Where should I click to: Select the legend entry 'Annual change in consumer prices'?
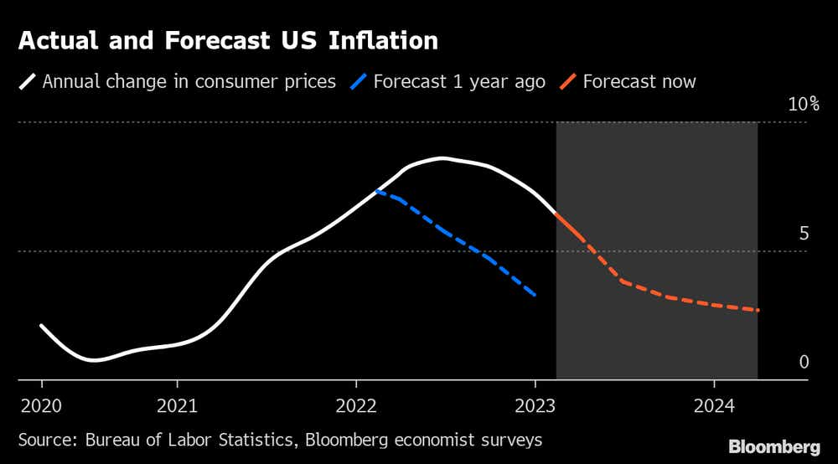click(189, 82)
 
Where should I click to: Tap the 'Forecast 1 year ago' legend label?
click(459, 82)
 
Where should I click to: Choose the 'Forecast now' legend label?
click(639, 82)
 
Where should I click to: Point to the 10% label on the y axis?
click(803, 105)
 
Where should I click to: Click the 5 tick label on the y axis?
click(804, 234)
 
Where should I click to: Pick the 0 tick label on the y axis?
click(804, 363)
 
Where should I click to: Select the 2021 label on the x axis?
click(177, 407)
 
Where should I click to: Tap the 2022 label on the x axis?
click(356, 407)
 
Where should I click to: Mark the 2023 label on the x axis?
click(535, 407)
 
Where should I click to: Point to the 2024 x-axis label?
click(713, 407)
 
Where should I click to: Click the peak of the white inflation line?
click(442, 157)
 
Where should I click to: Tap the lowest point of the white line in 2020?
click(92, 360)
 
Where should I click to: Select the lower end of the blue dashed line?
click(535, 295)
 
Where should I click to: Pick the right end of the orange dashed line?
click(758, 311)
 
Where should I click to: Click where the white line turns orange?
click(556, 214)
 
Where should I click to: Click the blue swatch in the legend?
click(358, 82)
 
